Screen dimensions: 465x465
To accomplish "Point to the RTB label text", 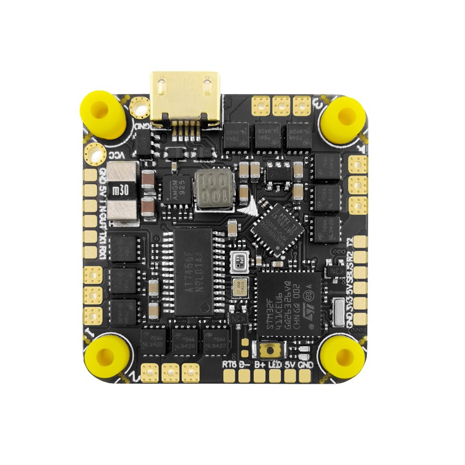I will [x=229, y=365].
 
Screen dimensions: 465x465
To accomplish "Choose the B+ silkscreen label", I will [x=259, y=365].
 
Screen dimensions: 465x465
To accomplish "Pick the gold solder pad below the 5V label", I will [x=289, y=377].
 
